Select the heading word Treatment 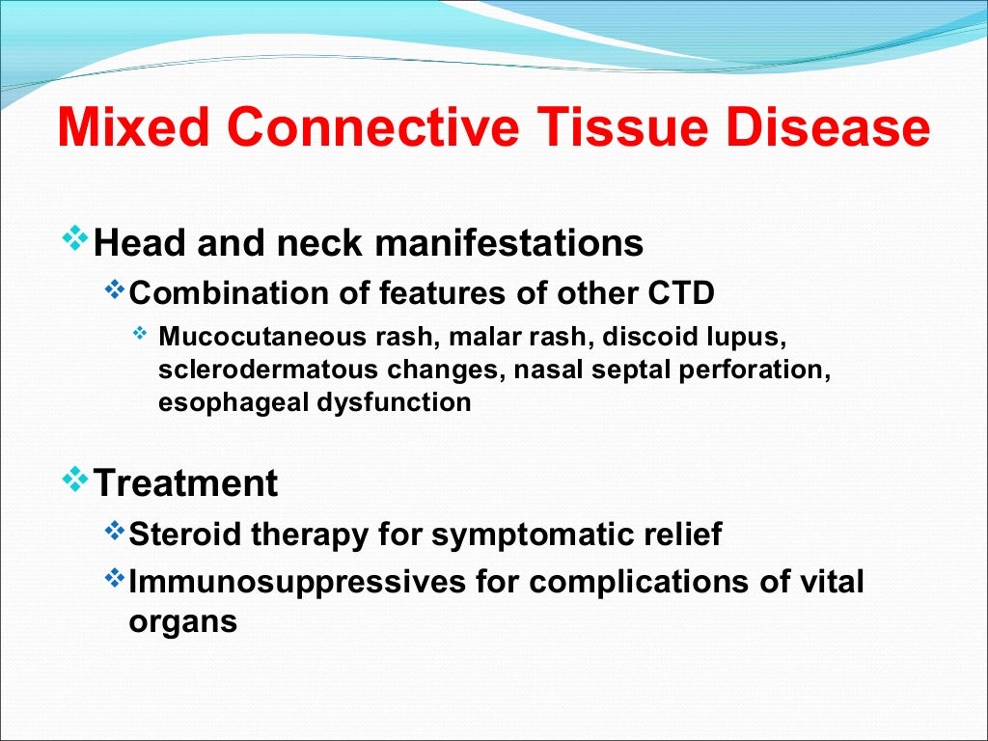click(x=185, y=482)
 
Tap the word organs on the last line click(x=182, y=621)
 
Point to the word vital click(x=828, y=582)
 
